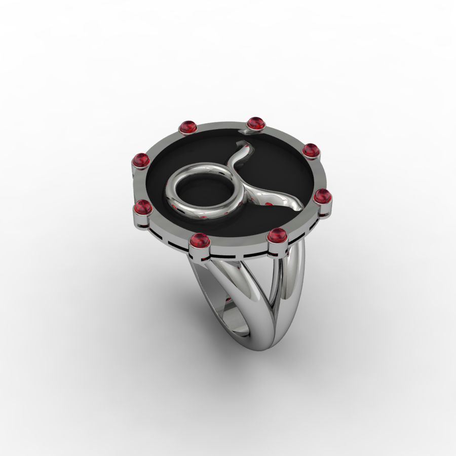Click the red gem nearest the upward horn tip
pos(256,123)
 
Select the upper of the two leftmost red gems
pos(141,160)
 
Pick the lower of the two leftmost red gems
pos(143,207)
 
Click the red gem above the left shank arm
pos(200,240)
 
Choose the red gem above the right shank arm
pos(277,236)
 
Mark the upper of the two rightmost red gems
pos(310,150)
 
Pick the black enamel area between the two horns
pos(274,167)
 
